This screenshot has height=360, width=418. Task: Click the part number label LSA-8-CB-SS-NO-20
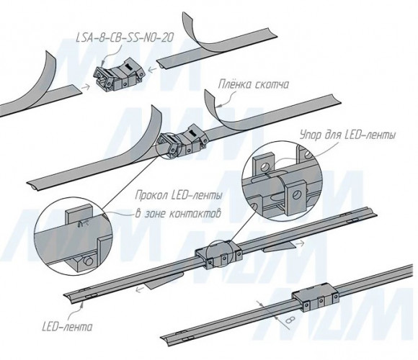125,37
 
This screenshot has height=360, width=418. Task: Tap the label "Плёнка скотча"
253,85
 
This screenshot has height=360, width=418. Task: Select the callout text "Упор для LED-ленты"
347,135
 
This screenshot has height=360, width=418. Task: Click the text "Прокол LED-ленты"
179,196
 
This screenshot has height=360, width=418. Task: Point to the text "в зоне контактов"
178,213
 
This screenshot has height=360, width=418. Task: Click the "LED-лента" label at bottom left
67,326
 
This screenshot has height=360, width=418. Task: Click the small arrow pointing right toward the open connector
84,87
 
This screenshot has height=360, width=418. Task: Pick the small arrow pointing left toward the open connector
152,70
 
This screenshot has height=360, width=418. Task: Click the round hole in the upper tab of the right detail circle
266,167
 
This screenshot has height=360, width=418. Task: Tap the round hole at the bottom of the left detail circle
89,261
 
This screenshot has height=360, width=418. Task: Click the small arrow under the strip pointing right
301,242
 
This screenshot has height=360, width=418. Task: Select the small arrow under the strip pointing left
139,289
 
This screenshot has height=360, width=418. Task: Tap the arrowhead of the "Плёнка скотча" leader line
218,107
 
